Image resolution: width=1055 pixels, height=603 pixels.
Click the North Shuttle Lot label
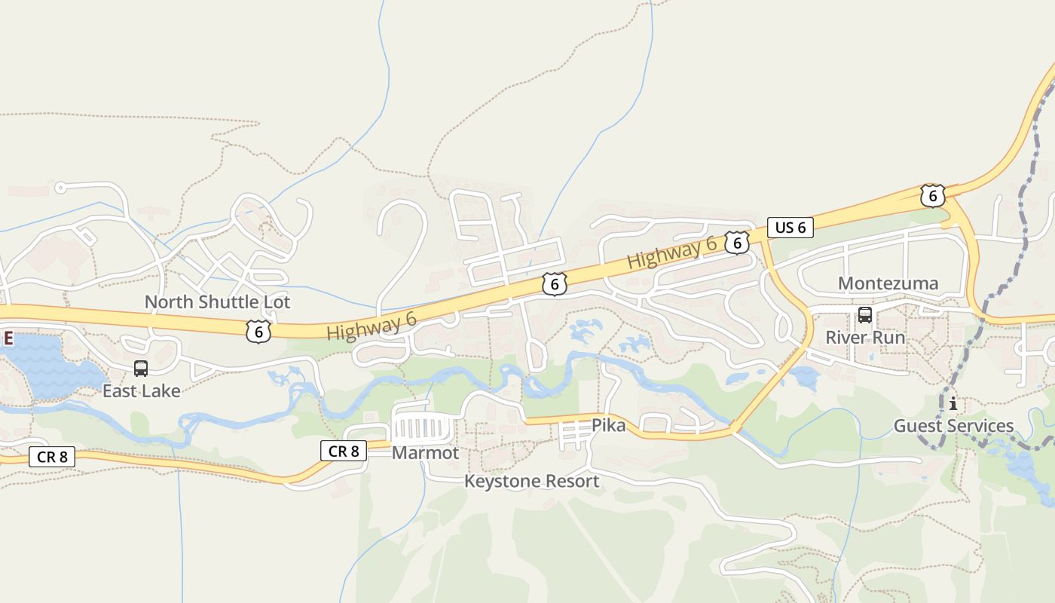[x=217, y=302]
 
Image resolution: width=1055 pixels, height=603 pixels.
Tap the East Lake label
[x=142, y=391]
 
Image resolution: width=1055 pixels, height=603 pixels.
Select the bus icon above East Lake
[x=141, y=369]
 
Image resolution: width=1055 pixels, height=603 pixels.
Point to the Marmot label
[x=425, y=453]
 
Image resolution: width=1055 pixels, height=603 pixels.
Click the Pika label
[x=608, y=425]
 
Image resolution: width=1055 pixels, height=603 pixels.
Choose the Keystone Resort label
[x=531, y=481]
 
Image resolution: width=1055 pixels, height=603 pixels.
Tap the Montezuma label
[x=888, y=283]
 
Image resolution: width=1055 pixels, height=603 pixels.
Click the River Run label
[x=865, y=337]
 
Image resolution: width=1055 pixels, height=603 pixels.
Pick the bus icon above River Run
[x=865, y=315]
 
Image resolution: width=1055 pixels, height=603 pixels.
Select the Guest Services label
[x=953, y=426]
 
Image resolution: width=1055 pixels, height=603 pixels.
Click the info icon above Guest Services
[x=953, y=403]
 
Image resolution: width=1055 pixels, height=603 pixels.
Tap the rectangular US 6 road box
[x=790, y=227]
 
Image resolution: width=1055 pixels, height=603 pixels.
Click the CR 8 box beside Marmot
[x=344, y=451]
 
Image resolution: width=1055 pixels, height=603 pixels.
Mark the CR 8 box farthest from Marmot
[x=52, y=456]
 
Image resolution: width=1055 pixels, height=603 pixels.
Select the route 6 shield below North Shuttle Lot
[x=258, y=331]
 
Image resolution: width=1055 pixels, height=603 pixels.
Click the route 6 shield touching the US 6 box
[x=737, y=242]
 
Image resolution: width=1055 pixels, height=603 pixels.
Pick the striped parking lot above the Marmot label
[x=424, y=429]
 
